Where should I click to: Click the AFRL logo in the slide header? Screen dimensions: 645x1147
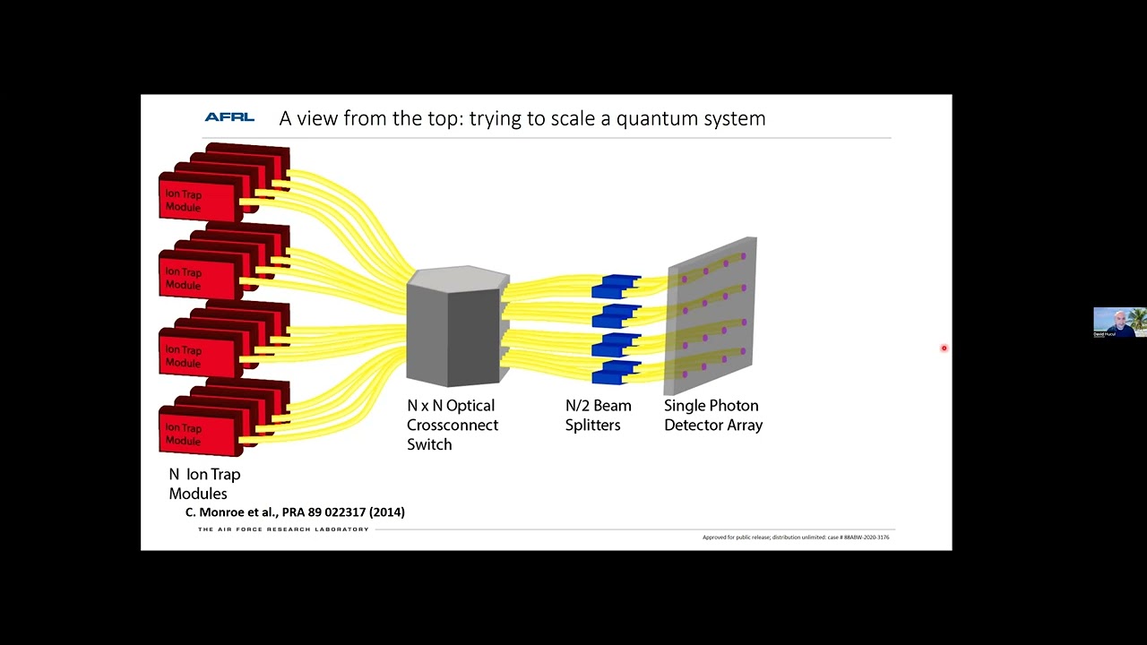(x=229, y=117)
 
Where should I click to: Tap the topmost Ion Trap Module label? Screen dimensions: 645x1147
(x=184, y=201)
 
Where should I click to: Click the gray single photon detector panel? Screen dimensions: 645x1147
(x=712, y=314)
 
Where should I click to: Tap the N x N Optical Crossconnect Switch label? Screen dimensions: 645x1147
(x=453, y=425)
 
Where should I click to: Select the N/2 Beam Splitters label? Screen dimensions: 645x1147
(x=598, y=415)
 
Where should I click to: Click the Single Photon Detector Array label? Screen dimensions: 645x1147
(x=712, y=415)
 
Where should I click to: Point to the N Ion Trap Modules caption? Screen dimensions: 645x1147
(x=204, y=484)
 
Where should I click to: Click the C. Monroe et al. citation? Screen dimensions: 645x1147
(x=295, y=512)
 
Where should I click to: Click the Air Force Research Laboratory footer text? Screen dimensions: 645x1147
(x=283, y=529)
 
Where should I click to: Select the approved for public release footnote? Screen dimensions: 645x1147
(x=796, y=537)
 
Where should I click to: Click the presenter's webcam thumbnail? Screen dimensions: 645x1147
(x=1119, y=322)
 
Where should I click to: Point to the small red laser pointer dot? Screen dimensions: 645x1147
(x=944, y=348)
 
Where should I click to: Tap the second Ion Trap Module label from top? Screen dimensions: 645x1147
(x=184, y=279)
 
